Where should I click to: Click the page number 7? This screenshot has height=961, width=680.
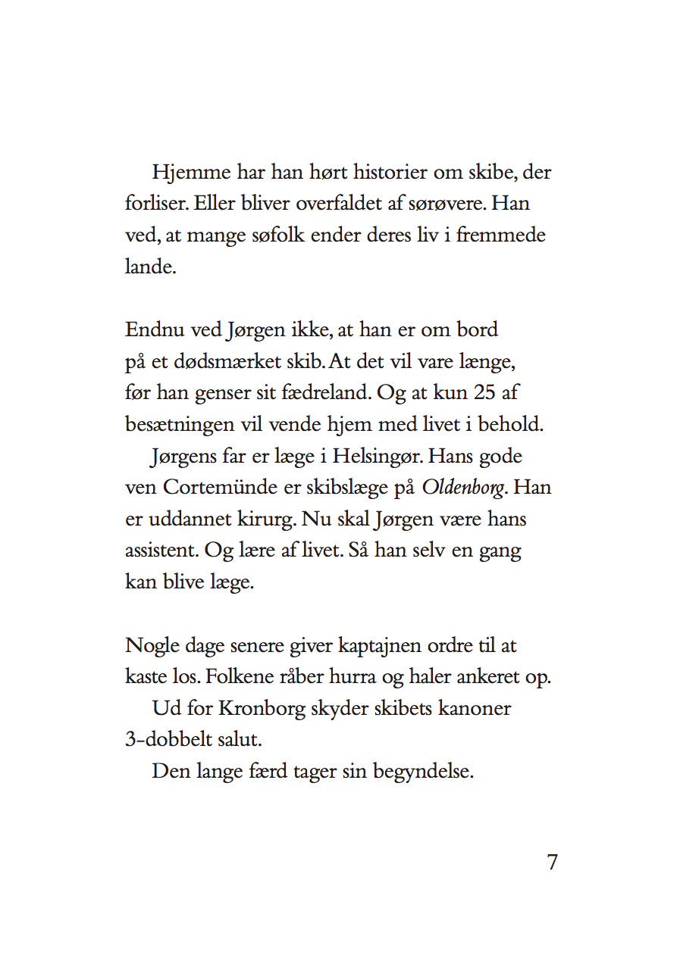pos(553,862)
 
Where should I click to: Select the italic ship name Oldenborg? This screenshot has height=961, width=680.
pos(463,488)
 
